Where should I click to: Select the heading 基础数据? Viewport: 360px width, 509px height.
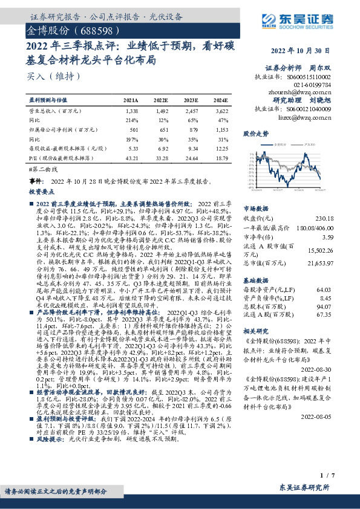(256, 280)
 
